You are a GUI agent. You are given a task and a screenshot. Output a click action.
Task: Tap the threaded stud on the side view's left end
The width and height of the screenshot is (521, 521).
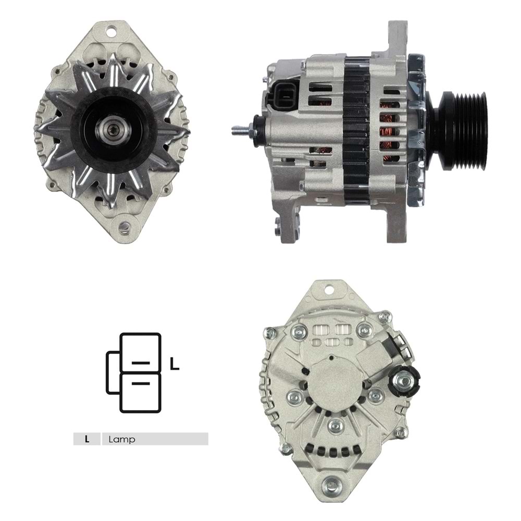click(x=240, y=131)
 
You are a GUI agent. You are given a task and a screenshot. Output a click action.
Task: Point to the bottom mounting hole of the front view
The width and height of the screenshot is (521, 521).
click(x=123, y=227)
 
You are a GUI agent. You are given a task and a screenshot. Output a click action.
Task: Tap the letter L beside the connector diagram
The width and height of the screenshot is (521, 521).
click(x=175, y=365)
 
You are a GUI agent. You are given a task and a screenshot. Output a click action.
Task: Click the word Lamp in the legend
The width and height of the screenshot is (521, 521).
click(x=122, y=439)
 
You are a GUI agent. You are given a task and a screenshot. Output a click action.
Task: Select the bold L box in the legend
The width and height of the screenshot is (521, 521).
click(x=87, y=439)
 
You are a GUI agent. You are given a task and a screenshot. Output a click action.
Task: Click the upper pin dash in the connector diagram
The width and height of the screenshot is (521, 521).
click(x=141, y=362)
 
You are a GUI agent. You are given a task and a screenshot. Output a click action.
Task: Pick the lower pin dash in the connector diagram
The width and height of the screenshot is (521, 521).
click(x=141, y=383)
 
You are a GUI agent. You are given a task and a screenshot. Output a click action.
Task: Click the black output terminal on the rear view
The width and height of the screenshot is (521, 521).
click(x=404, y=380)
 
